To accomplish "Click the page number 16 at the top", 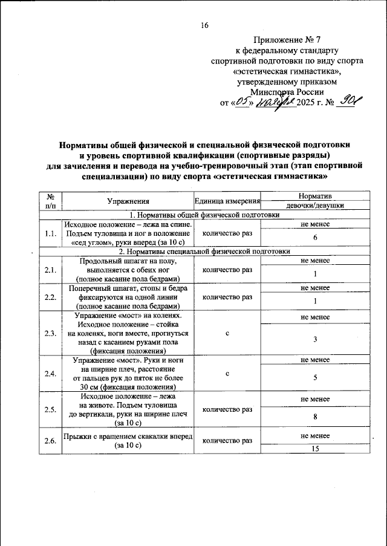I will tap(204, 25).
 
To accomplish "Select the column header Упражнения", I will tap(128, 201).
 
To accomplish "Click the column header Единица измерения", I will tap(227, 201).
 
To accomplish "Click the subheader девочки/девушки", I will tap(314, 206).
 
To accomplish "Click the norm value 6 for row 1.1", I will tap(314, 238).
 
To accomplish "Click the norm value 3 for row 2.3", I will tap(314, 340).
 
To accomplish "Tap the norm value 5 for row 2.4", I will tap(314, 379).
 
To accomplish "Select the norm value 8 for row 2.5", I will tap(314, 417).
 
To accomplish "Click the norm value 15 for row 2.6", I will tap(314, 449).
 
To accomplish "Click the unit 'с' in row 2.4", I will tap(227, 374).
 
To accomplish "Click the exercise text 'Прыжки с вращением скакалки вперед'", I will tap(128, 436).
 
